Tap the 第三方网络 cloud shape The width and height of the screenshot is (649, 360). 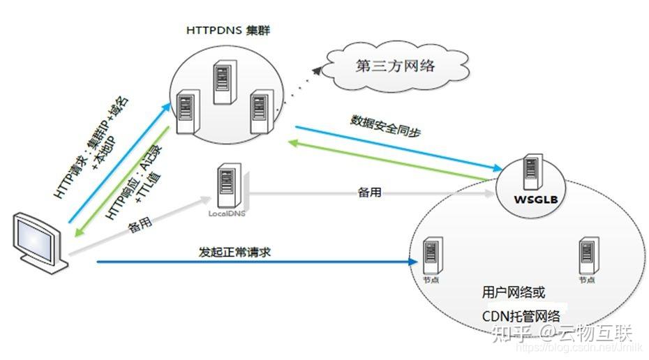click(x=394, y=67)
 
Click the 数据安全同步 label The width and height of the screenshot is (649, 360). click(x=385, y=123)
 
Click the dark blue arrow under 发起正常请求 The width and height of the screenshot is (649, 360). click(x=251, y=262)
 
